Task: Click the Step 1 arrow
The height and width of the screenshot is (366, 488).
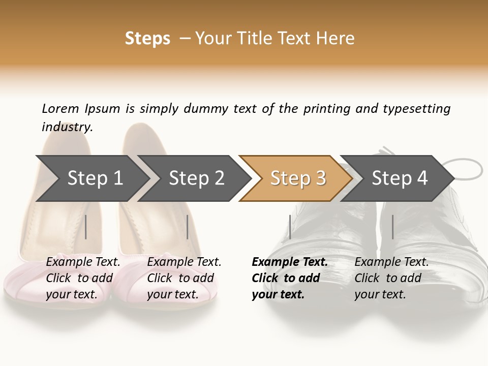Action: tap(91, 178)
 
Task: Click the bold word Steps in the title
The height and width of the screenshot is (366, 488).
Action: tap(147, 39)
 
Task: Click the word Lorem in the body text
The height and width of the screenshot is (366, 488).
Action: tap(60, 108)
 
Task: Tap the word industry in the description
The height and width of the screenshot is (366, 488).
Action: tap(67, 127)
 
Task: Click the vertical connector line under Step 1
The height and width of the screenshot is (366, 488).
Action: tap(86, 227)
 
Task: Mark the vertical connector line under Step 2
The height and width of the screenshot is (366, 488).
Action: tap(188, 227)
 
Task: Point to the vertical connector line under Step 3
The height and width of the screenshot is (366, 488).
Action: tap(290, 227)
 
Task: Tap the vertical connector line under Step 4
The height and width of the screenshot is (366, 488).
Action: tap(392, 227)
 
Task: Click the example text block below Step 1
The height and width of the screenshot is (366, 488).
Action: tap(83, 278)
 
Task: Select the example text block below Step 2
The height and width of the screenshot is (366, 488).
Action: tap(184, 278)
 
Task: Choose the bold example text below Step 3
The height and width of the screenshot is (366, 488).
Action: tap(289, 278)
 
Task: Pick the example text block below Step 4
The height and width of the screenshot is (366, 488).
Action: tap(391, 278)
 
